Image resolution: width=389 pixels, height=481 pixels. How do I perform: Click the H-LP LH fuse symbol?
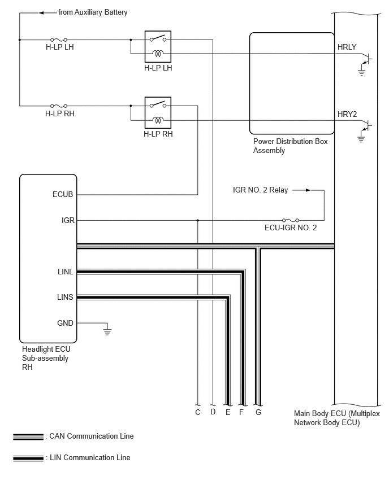[59, 40]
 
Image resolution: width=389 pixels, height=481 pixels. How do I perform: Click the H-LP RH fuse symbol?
[59, 106]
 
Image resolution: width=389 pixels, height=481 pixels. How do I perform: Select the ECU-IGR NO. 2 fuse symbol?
[291, 220]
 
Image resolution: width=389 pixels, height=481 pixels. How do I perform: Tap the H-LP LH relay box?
[158, 47]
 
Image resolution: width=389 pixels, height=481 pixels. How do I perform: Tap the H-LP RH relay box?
[158, 112]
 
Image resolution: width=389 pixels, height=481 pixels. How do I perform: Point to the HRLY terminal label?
[347, 47]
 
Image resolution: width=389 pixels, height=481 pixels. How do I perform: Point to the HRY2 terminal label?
[347, 114]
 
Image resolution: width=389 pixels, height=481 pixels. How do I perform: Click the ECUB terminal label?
[63, 194]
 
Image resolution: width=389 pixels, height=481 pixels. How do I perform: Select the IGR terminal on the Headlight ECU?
[68, 220]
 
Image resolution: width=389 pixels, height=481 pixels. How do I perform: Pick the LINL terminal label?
[65, 272]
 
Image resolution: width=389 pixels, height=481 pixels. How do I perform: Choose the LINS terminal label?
[65, 297]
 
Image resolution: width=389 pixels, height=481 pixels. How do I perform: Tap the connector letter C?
[197, 412]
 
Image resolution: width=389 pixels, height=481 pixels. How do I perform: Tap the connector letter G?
[258, 412]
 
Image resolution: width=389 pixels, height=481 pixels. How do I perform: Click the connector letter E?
[228, 412]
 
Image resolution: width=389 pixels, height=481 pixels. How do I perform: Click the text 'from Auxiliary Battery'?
[93, 12]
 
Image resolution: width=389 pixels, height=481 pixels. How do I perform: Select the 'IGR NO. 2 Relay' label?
[260, 190]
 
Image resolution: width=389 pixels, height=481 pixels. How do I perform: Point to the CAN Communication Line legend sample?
[28, 437]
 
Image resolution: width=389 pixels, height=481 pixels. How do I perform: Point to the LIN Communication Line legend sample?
[28, 458]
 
